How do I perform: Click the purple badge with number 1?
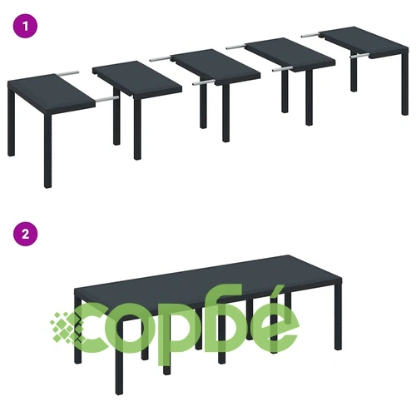tap(25, 26)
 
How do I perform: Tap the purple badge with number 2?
tap(25, 234)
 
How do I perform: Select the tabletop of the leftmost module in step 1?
tap(52, 93)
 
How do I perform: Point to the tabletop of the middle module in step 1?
tap(215, 67)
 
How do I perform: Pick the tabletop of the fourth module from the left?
tap(290, 55)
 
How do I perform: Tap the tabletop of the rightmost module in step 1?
tap(364, 42)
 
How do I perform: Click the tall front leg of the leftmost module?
tap(47, 150)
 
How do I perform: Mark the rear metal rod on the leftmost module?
tap(68, 73)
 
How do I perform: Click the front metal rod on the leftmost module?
tap(107, 99)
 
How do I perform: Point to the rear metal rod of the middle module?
tap(161, 59)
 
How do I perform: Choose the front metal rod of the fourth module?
tap(282, 69)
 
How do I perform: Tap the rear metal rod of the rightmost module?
tap(311, 35)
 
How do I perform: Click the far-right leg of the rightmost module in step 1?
tap(405, 83)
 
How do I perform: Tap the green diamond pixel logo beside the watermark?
tap(67, 328)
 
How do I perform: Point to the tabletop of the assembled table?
tap(207, 280)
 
